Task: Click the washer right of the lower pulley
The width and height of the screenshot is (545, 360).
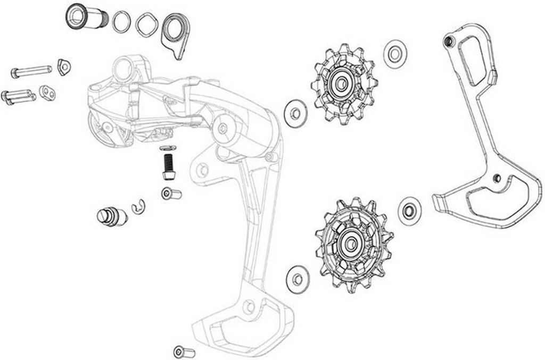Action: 409,208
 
